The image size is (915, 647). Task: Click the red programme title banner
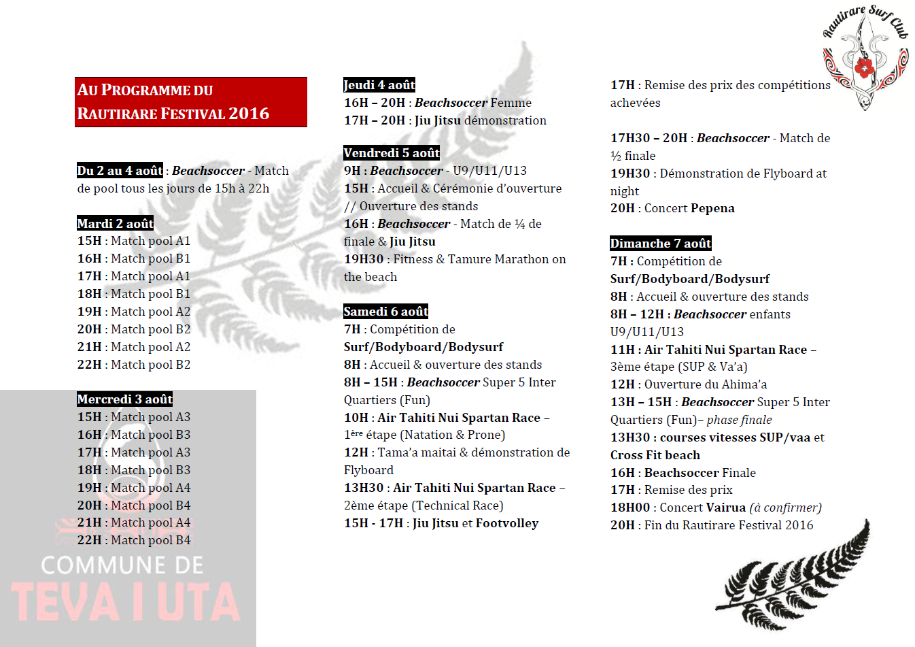tap(191, 102)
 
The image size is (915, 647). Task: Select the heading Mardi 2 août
tap(116, 223)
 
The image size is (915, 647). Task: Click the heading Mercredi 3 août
tap(125, 399)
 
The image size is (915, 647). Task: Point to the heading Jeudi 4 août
tap(379, 85)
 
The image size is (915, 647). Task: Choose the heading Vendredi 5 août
tap(392, 153)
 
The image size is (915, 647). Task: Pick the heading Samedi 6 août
tap(386, 312)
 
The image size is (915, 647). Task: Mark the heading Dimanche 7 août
tap(661, 244)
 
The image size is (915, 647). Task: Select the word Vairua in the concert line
tap(726, 508)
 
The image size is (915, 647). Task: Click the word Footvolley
tap(507, 523)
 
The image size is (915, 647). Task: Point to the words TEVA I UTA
tap(126, 602)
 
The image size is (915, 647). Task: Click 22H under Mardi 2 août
tap(89, 365)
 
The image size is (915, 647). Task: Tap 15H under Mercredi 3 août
tap(89, 417)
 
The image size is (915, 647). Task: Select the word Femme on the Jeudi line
tap(511, 103)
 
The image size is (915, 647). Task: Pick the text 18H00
tap(630, 508)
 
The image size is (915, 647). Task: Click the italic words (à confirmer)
tap(785, 508)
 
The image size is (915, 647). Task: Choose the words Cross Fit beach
tap(655, 455)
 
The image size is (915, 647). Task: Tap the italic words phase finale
tap(739, 420)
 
